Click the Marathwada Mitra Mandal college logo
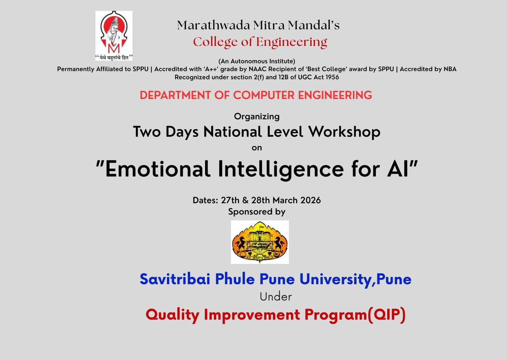[x=114, y=36]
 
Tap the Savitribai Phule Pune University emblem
[x=260, y=242]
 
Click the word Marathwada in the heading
[x=214, y=25]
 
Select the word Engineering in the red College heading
[x=292, y=43]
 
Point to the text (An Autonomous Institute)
[x=257, y=61]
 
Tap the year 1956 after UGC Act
[x=332, y=77]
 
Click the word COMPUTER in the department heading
[x=264, y=95]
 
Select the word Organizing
[x=257, y=117]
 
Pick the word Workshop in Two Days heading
[x=344, y=132]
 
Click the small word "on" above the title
[x=257, y=148]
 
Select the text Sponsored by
[x=257, y=212]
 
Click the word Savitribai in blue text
[x=175, y=279]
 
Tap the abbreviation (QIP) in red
[x=386, y=315]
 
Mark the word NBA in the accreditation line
[x=450, y=69]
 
